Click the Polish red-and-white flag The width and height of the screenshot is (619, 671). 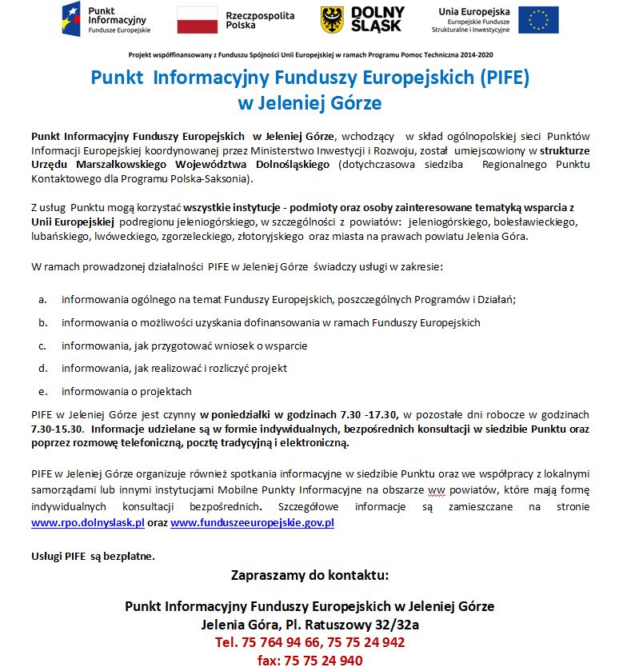197,19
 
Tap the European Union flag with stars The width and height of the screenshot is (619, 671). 537,19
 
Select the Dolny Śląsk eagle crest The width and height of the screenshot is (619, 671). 332,19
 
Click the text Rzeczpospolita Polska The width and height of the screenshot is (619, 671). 260,20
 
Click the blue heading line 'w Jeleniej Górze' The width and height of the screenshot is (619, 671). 309,103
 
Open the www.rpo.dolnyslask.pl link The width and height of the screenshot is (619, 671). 87,523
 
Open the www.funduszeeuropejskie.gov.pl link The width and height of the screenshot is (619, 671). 252,523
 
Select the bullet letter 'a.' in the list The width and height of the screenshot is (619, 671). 42,300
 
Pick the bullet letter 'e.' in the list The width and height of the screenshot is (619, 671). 42,392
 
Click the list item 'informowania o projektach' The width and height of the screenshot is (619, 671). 126,392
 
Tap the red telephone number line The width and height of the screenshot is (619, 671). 309,642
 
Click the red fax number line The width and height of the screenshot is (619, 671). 309,661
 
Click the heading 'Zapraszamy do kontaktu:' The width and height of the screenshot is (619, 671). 309,575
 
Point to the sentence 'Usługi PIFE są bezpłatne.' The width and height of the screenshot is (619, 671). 93,555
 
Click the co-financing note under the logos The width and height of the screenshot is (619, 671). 309,54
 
